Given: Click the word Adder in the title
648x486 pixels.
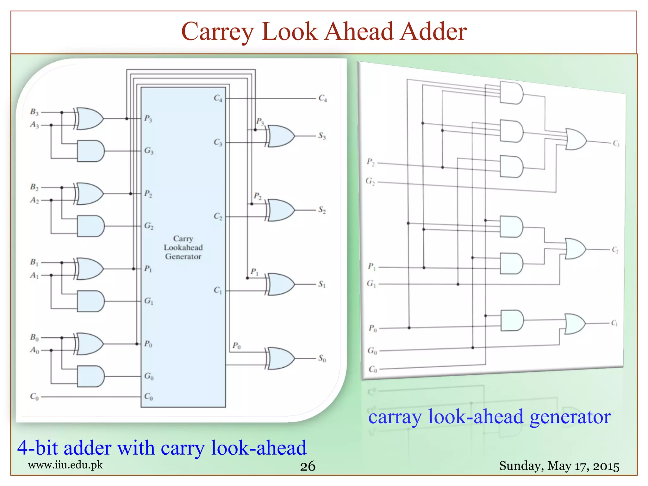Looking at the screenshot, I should [433, 32].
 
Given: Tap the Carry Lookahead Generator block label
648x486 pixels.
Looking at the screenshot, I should [183, 248].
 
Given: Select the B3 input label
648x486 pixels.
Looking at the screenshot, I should [34, 112].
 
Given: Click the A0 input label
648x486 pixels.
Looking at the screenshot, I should [34, 350].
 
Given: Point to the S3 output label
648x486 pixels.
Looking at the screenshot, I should [322, 136].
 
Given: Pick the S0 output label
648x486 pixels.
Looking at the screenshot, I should [322, 358].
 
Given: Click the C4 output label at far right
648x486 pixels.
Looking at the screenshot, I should [322, 98].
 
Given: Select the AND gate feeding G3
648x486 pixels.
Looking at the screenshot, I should [90, 151].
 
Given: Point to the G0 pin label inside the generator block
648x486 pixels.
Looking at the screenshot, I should [149, 376].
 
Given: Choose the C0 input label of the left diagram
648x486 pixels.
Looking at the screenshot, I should [34, 396].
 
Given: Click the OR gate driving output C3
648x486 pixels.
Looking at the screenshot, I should [576, 139].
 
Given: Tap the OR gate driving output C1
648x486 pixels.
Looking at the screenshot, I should [575, 324].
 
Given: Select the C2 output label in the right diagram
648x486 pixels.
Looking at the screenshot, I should [615, 250].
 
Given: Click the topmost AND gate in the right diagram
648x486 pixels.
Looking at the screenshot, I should [511, 93].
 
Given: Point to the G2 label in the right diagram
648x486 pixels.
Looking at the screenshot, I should [370, 181].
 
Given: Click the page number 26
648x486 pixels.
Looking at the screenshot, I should [308, 466].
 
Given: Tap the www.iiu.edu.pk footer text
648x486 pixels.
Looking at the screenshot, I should [65, 465].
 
